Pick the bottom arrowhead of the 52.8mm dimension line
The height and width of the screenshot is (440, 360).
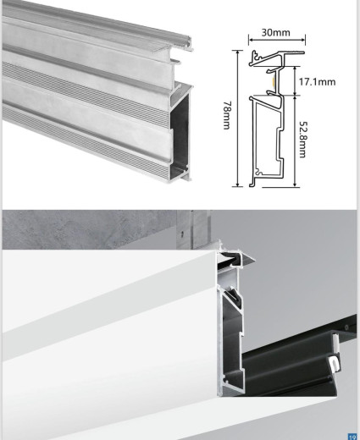pos(294,182)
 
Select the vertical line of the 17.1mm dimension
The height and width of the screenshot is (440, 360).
pos(294,81)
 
